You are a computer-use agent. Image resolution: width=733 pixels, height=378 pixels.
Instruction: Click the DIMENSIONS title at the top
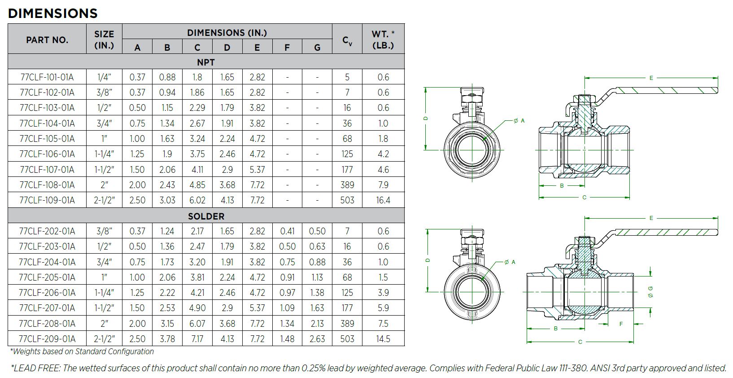pyautogui.click(x=53, y=13)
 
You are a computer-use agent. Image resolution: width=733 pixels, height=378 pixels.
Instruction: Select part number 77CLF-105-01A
pyautogui.click(x=47, y=139)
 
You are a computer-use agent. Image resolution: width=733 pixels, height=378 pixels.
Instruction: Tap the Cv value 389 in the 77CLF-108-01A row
pyautogui.click(x=347, y=185)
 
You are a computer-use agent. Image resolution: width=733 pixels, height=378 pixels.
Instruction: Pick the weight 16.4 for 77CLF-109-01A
pyautogui.click(x=383, y=200)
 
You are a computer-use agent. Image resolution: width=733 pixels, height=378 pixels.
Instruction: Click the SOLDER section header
pyautogui.click(x=206, y=216)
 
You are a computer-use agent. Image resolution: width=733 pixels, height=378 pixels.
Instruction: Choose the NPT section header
pyautogui.click(x=206, y=62)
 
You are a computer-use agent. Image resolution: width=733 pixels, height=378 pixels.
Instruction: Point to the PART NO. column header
pyautogui.click(x=47, y=40)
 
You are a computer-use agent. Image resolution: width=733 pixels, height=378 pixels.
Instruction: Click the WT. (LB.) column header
pyautogui.click(x=383, y=40)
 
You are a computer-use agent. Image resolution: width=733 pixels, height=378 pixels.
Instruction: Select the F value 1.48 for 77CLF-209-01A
pyautogui.click(x=287, y=339)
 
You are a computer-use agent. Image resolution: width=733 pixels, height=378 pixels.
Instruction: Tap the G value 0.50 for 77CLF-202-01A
pyautogui.click(x=317, y=231)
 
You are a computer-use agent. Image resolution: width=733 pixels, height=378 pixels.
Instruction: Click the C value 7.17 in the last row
pyautogui.click(x=197, y=339)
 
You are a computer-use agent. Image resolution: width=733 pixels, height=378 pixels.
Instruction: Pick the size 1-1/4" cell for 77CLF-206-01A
pyautogui.click(x=104, y=293)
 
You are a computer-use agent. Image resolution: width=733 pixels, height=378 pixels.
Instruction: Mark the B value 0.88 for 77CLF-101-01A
pyautogui.click(x=167, y=77)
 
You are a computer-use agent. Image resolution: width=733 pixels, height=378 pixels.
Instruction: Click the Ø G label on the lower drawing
pyautogui.click(x=650, y=291)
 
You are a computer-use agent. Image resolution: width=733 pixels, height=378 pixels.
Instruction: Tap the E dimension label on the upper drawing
pyautogui.click(x=651, y=78)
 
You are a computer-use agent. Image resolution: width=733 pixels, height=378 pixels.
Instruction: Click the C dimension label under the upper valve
pyautogui.click(x=584, y=198)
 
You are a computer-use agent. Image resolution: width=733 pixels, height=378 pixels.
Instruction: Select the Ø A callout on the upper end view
pyautogui.click(x=519, y=121)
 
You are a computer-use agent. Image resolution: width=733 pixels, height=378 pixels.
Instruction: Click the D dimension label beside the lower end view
pyautogui.click(x=428, y=260)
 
